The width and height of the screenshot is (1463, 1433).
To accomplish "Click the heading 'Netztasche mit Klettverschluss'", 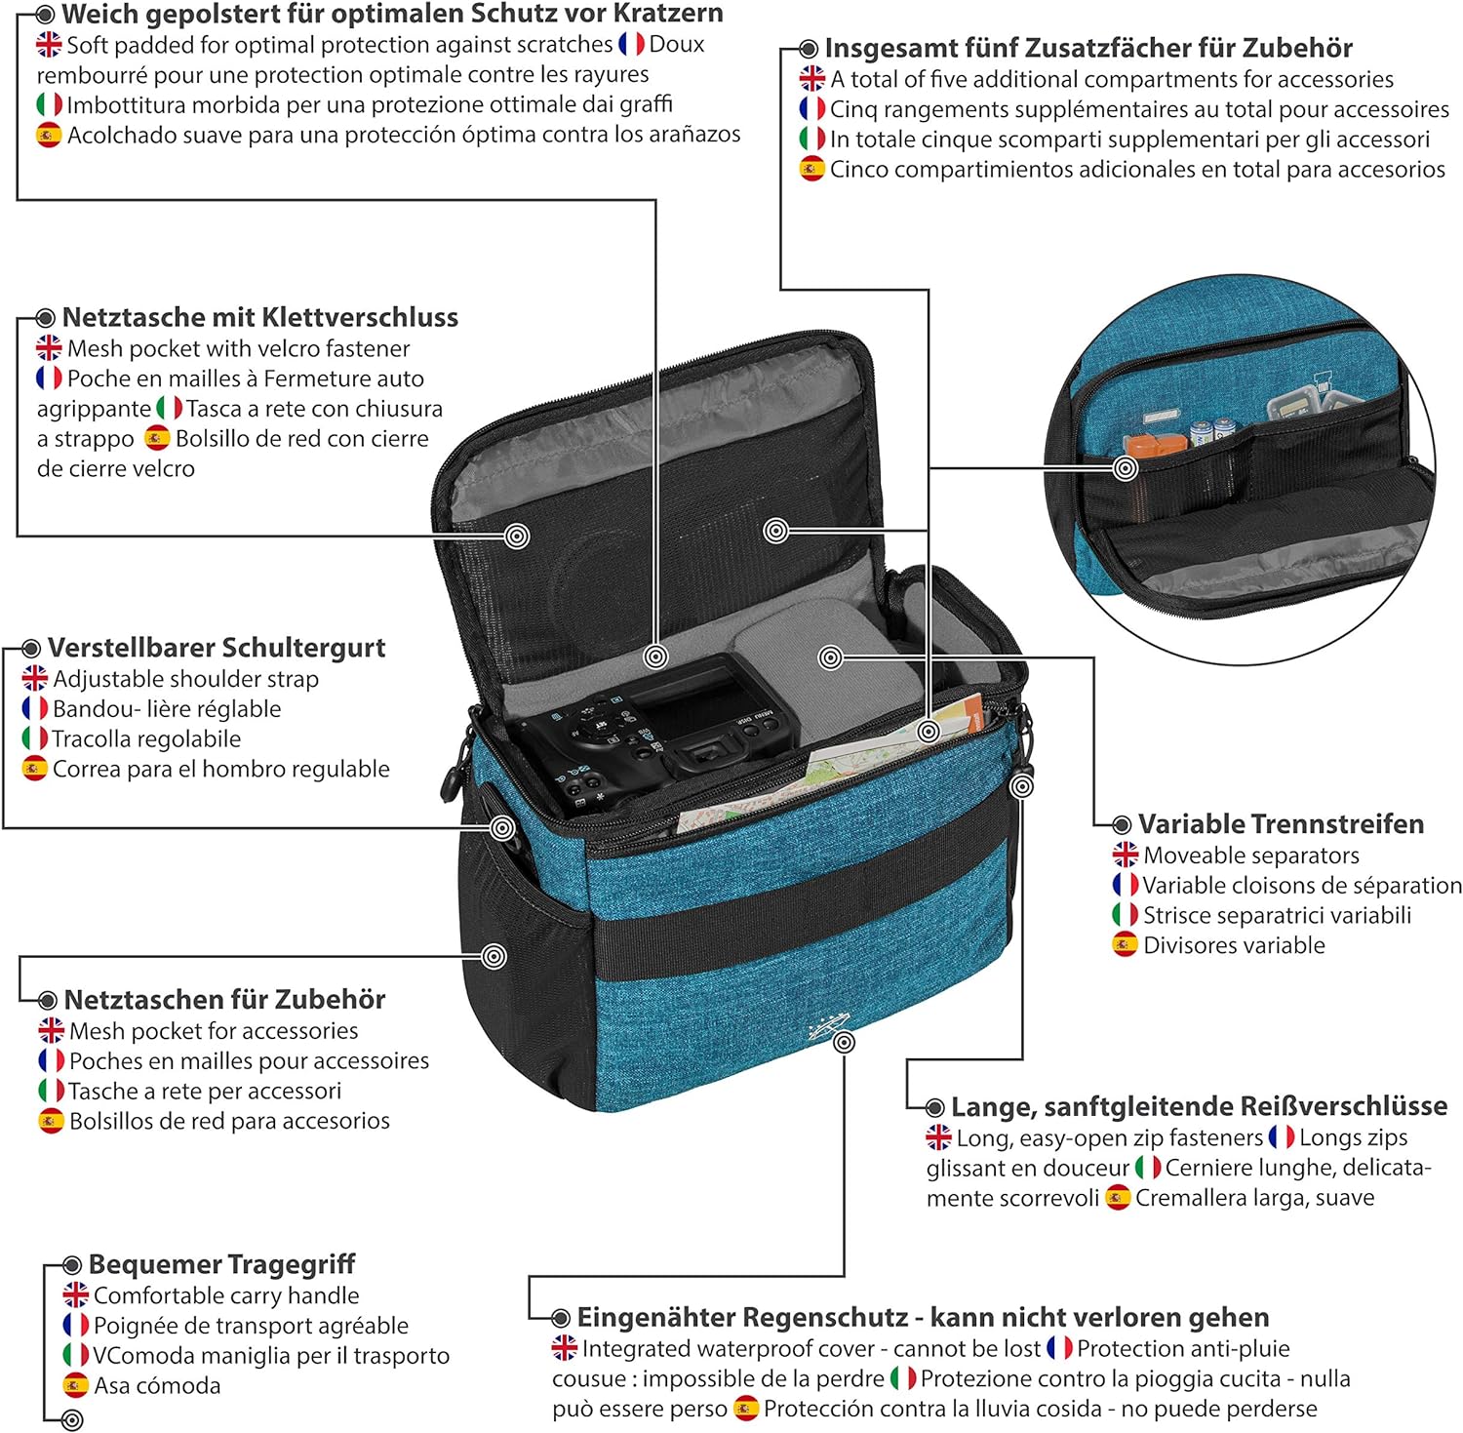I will point(259,317).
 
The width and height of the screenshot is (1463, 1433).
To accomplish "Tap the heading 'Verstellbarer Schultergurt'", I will point(217,648).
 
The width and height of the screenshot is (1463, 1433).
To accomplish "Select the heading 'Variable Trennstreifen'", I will point(1281,824).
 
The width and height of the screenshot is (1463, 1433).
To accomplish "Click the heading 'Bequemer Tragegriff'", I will point(221,1264).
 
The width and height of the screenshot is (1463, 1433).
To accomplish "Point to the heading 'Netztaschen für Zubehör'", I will point(224,1000).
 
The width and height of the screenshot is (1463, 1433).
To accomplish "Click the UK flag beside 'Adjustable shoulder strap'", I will point(35,678).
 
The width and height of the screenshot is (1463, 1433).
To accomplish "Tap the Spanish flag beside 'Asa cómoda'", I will point(76,1385).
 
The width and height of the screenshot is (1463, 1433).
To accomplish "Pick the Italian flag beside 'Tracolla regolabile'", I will point(35,738).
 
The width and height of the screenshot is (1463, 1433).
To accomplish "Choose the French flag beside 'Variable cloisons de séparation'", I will point(1126,885).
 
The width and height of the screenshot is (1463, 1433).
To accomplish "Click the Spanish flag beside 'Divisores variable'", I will point(1126,944).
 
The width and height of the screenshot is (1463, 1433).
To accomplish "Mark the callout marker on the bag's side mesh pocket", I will point(494,956).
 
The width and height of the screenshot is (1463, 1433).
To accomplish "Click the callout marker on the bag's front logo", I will point(845,1043).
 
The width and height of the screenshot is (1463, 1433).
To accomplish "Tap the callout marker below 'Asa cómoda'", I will point(72,1420).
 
